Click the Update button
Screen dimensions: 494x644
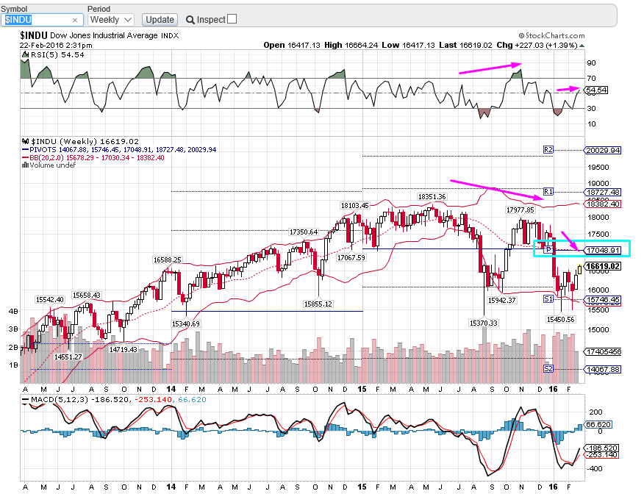[160, 19]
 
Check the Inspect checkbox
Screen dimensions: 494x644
[232, 19]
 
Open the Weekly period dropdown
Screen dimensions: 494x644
[110, 19]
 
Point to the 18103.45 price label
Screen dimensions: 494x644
[354, 206]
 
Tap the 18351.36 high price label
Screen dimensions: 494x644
[432, 197]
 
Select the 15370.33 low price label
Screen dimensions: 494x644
[483, 323]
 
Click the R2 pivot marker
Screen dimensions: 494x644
[548, 149]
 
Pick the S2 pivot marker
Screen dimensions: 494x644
[548, 368]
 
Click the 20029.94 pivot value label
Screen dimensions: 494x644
[601, 150]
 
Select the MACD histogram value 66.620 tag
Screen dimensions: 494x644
[598, 425]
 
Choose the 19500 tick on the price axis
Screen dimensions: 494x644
[595, 167]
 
